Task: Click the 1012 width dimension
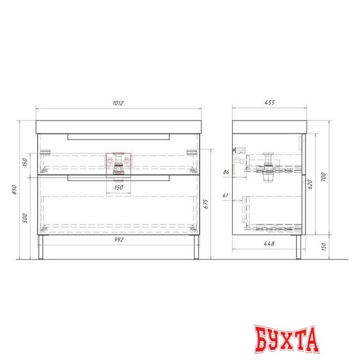(x=118, y=103)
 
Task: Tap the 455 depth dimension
(x=269, y=102)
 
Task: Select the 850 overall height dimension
(x=14, y=190)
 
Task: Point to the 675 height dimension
(x=206, y=204)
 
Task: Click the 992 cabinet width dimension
(x=119, y=240)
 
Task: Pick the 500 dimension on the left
(x=25, y=218)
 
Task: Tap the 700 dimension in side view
(x=323, y=177)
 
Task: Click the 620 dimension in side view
(x=310, y=184)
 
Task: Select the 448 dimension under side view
(x=269, y=244)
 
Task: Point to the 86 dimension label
(x=226, y=172)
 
